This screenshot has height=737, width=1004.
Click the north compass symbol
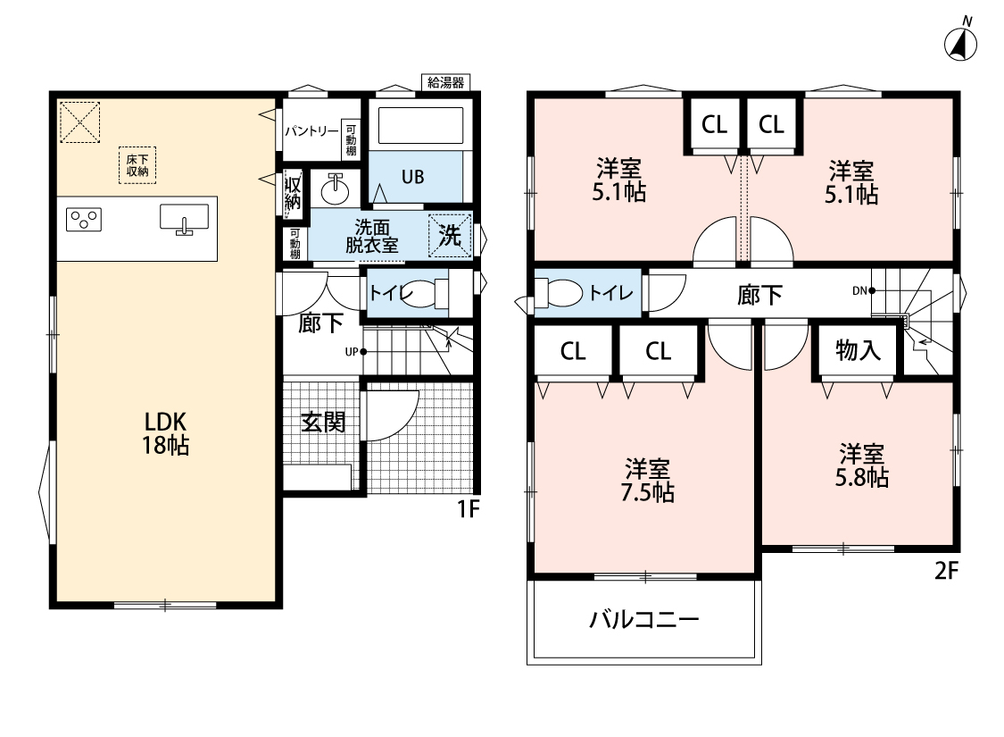tap(960, 41)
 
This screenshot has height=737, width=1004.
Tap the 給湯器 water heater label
tap(445, 83)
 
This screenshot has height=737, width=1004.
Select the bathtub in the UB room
tap(420, 126)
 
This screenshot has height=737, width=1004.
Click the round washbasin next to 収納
tap(335, 188)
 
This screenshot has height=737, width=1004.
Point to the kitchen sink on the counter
tap(185, 218)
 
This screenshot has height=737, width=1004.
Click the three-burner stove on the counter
tap(84, 219)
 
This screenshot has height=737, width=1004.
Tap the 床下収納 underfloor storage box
tap(137, 165)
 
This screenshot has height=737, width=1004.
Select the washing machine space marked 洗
tap(450, 235)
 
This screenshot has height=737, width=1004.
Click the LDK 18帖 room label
tap(165, 433)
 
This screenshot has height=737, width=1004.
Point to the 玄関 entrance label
tap(323, 423)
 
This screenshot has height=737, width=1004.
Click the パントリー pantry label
tap(311, 131)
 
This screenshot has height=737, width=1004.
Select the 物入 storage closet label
tap(858, 351)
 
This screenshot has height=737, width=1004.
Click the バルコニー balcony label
tap(644, 620)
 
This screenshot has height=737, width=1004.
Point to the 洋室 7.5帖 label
tap(647, 481)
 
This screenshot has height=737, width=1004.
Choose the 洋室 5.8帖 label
tap(862, 465)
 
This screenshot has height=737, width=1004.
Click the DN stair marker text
tap(859, 291)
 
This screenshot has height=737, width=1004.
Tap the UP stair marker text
tap(352, 352)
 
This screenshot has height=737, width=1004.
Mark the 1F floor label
tap(468, 508)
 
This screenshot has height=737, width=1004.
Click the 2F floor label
tap(946, 570)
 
